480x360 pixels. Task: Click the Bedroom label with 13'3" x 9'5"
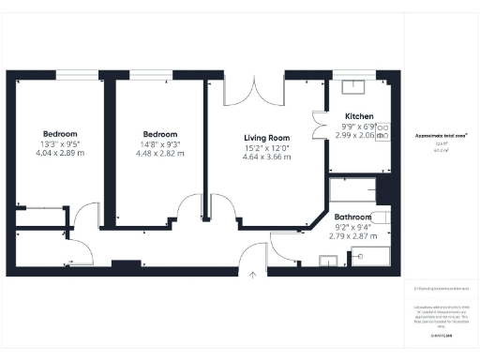pyautogui.click(x=60, y=133)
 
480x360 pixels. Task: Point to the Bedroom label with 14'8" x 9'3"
pyautogui.click(x=160, y=133)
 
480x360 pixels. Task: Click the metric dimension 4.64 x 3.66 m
pyautogui.click(x=267, y=157)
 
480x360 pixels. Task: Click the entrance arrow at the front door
pyautogui.click(x=252, y=275)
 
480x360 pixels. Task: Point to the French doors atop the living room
pyautogui.click(x=252, y=90)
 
